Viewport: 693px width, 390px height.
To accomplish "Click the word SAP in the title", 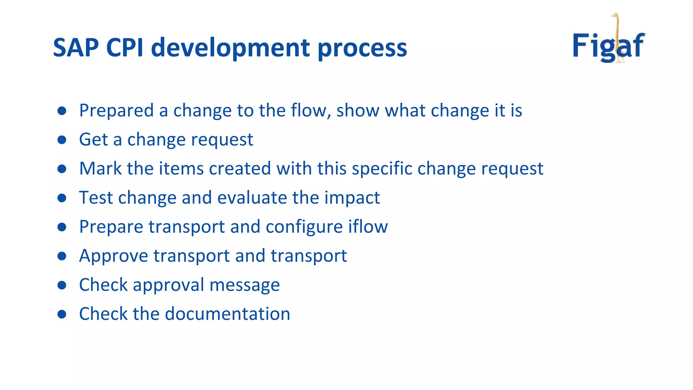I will (76, 48).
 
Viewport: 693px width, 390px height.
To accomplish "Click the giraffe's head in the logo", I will (615, 16).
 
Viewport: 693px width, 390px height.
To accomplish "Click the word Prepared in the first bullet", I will (116, 111).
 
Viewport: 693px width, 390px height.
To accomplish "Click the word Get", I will (93, 139).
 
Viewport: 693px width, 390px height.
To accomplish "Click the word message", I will (245, 285).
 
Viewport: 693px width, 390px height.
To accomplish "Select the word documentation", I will (227, 314).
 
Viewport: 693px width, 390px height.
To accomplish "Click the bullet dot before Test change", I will (62, 198).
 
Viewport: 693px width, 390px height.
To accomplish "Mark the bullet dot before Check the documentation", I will (62, 314).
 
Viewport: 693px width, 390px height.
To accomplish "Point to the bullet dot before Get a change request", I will (62, 140).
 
